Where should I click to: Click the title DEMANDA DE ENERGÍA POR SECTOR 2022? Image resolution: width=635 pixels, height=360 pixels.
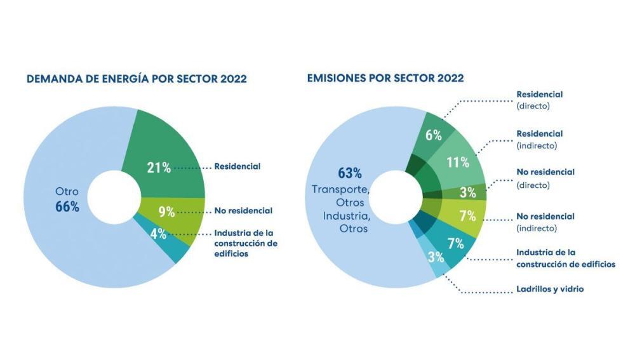(137, 79)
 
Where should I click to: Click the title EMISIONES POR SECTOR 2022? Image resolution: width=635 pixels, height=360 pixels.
(385, 79)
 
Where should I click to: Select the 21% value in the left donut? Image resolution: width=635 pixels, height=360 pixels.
(159, 168)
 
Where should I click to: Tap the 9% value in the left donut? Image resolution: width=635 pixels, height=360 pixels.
(166, 211)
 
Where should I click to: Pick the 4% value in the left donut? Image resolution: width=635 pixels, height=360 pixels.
(158, 234)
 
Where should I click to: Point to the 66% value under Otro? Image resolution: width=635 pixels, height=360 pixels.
(67, 207)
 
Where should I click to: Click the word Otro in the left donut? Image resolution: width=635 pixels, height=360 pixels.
(66, 192)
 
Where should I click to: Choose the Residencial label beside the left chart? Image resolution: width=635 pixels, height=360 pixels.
(237, 167)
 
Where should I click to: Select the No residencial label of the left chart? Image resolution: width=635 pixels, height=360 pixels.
(243, 211)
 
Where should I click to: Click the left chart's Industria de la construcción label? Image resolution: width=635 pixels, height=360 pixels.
(246, 243)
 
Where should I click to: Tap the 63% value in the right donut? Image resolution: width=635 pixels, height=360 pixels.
(349, 173)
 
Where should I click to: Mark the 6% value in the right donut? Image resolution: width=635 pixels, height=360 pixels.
(433, 135)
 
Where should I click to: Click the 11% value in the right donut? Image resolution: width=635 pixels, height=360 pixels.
(457, 162)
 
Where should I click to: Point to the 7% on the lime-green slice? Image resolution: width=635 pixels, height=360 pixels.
(467, 216)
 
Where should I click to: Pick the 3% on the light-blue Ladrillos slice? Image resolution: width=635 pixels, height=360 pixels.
(435, 257)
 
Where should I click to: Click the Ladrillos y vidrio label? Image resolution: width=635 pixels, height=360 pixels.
(550, 290)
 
